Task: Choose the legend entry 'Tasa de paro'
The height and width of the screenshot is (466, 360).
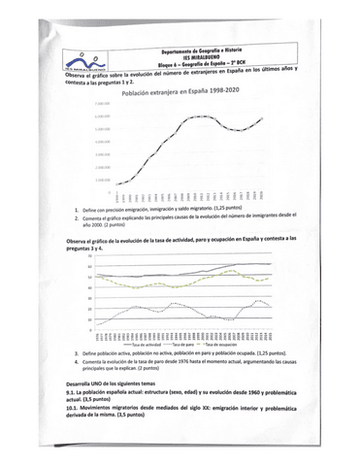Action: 184,343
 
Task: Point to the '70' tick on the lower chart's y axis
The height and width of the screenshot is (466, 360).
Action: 63,255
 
